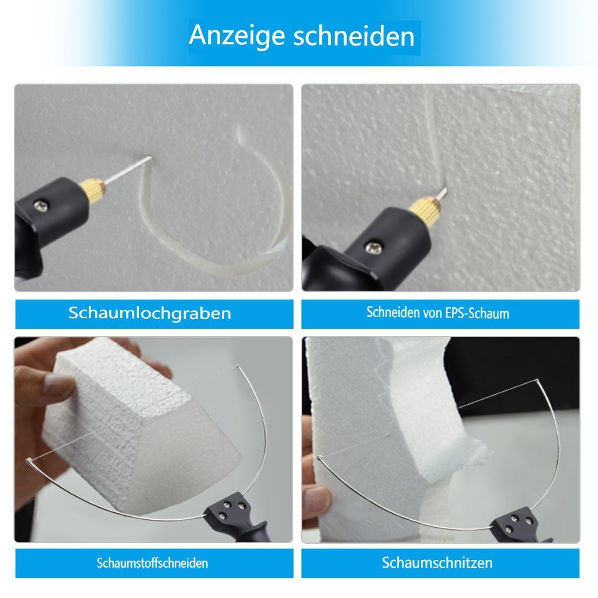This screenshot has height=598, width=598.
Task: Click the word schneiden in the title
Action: [x=354, y=36]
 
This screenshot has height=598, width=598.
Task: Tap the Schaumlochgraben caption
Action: [x=149, y=313]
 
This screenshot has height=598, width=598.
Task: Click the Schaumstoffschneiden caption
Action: [x=152, y=563]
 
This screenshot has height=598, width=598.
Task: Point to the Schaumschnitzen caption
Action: [x=437, y=563]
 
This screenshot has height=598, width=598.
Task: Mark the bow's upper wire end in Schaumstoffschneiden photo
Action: [x=238, y=367]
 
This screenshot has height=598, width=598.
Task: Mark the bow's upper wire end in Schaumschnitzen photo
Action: [x=537, y=381]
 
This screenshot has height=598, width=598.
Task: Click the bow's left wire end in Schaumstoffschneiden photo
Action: [x=29, y=462]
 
